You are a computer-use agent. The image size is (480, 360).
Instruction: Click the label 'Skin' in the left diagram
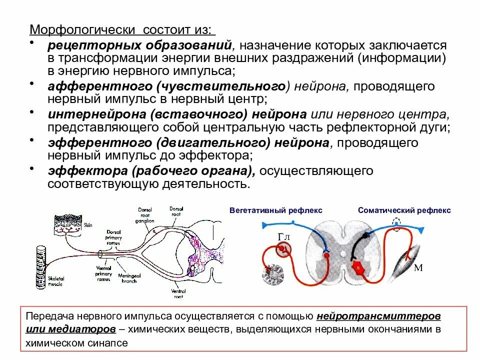(88, 225)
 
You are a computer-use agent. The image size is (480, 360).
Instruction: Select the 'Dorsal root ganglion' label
(146, 214)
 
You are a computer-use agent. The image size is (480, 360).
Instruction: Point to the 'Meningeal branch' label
(130, 277)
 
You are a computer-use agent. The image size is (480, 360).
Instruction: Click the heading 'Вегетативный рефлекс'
(276, 210)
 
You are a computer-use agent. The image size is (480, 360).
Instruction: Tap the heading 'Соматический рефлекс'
(404, 210)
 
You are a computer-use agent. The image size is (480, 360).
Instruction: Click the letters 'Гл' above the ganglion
(283, 236)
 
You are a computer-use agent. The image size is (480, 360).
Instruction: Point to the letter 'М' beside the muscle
(418, 267)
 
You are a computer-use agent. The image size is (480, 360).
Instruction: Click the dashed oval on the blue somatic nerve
(396, 223)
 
